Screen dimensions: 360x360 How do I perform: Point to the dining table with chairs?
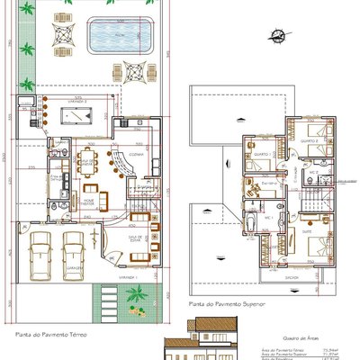click(87, 163)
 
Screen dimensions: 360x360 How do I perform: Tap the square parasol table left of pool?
click(61, 33)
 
